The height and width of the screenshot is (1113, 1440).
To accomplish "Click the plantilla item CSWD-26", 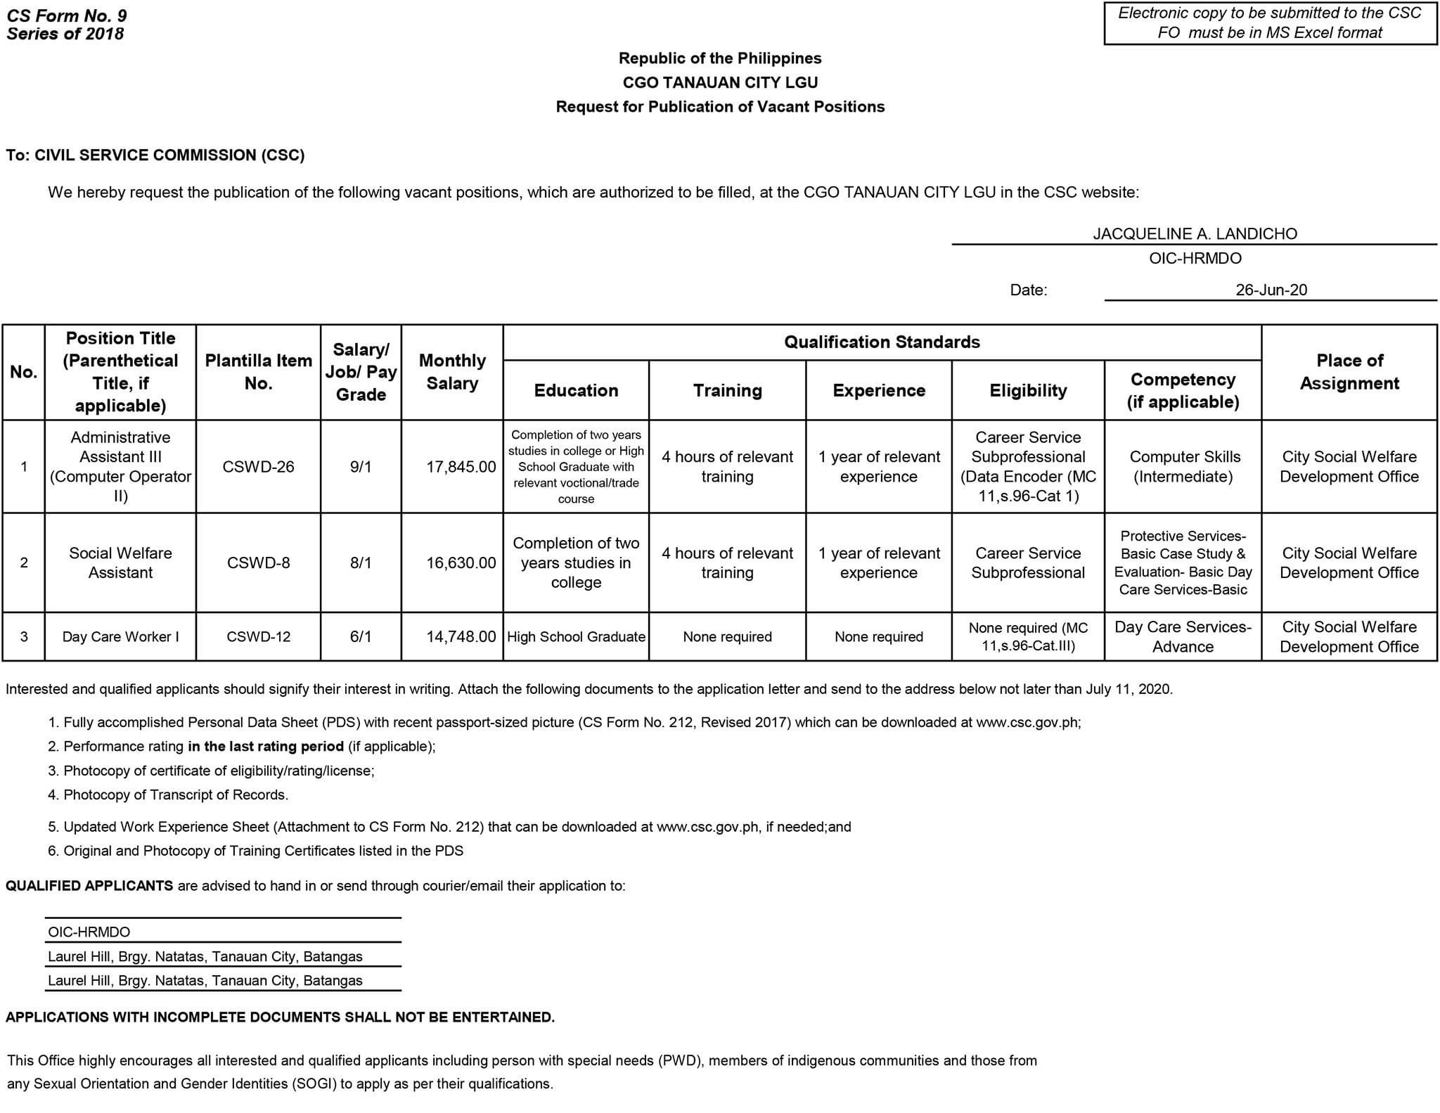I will tap(258, 467).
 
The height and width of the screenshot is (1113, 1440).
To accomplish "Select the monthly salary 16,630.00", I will tap(461, 563).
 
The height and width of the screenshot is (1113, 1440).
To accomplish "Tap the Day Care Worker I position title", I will tap(120, 637).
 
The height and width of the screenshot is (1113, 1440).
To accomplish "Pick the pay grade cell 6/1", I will tap(361, 637).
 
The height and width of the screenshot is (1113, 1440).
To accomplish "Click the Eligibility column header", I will tap(1028, 391).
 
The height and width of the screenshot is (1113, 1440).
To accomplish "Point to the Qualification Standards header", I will tap(882, 342).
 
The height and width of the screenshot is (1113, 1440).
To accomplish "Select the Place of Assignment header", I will tap(1349, 372).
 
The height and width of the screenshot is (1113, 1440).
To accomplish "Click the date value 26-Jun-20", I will tap(1271, 290).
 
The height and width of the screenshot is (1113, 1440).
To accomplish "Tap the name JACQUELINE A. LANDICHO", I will tap(1195, 234).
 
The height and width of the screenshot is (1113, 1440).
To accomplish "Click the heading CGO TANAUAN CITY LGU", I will tap(720, 83).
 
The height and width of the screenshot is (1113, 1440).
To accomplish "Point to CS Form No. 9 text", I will tap(67, 15).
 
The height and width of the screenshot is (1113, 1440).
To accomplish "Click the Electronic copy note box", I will tap(1270, 23).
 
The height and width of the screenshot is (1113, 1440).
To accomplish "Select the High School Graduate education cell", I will tap(576, 637).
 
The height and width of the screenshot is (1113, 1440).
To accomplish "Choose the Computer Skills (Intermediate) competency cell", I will tap(1184, 467).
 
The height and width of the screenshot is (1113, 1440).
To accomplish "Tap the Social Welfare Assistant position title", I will tap(120, 563).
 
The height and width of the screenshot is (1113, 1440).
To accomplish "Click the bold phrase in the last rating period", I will tap(266, 747).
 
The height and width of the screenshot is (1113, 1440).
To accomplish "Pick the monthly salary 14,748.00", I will tap(461, 637).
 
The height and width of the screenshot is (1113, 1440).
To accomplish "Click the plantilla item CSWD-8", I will tap(258, 563).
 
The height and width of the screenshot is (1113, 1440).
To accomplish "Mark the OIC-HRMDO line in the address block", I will tap(89, 932).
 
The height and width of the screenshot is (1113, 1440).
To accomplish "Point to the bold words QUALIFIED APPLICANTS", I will tap(89, 886).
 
